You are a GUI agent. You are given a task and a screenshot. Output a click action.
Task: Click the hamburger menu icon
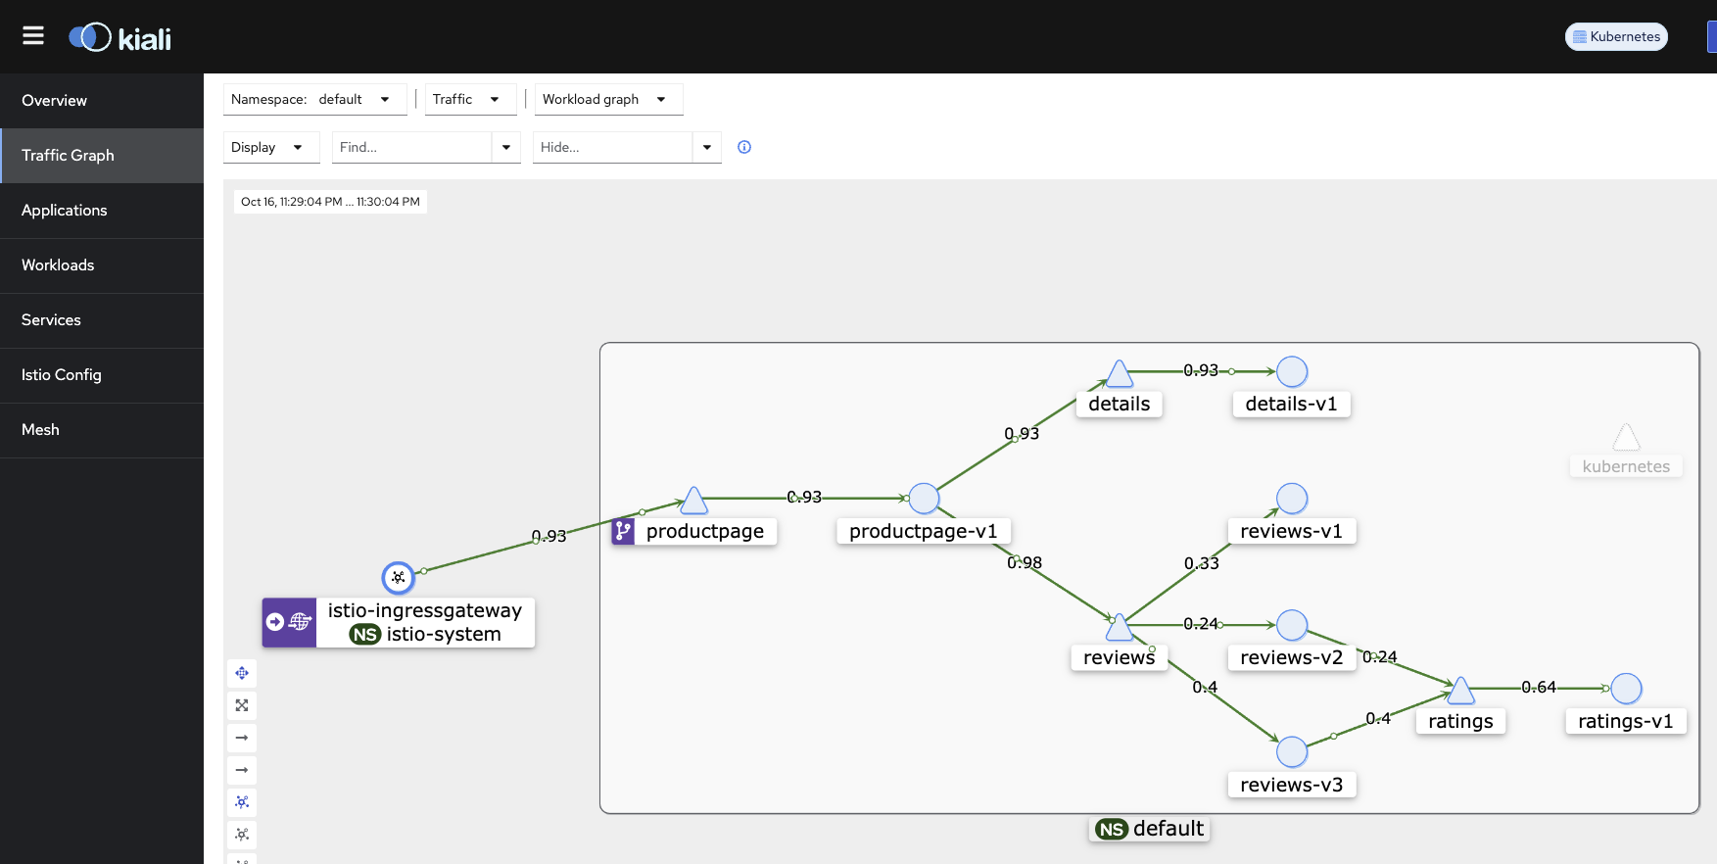point(33,36)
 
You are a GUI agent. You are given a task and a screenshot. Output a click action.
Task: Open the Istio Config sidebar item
point(62,375)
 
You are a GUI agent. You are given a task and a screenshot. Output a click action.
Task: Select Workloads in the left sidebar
point(58,265)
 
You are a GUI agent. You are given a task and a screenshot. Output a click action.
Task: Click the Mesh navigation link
point(40,430)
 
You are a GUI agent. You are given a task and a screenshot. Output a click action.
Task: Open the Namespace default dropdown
point(314,99)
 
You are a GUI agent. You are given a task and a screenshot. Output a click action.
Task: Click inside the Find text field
point(411,147)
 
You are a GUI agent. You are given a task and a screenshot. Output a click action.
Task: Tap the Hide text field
point(612,147)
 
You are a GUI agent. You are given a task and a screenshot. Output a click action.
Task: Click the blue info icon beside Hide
point(744,147)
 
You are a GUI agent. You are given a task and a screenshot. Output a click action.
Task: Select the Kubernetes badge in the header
point(1616,36)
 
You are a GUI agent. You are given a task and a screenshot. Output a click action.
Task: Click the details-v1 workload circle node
point(1292,372)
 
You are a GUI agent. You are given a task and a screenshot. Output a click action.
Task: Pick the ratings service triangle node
point(1460,692)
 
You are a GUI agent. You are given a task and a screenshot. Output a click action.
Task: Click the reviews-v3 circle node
point(1292,752)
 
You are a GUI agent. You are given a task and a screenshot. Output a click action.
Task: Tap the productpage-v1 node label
point(923,531)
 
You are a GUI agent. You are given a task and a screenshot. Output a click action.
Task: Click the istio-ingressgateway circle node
point(399,578)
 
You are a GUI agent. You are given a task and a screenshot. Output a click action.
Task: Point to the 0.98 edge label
point(1025,563)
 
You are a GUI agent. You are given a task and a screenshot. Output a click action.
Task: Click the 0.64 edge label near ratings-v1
point(1539,688)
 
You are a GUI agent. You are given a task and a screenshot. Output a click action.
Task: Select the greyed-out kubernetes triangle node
point(1626,438)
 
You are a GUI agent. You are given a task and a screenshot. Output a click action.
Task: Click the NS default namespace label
point(1151,829)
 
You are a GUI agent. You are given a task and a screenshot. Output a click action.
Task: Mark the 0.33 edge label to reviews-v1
point(1202,563)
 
